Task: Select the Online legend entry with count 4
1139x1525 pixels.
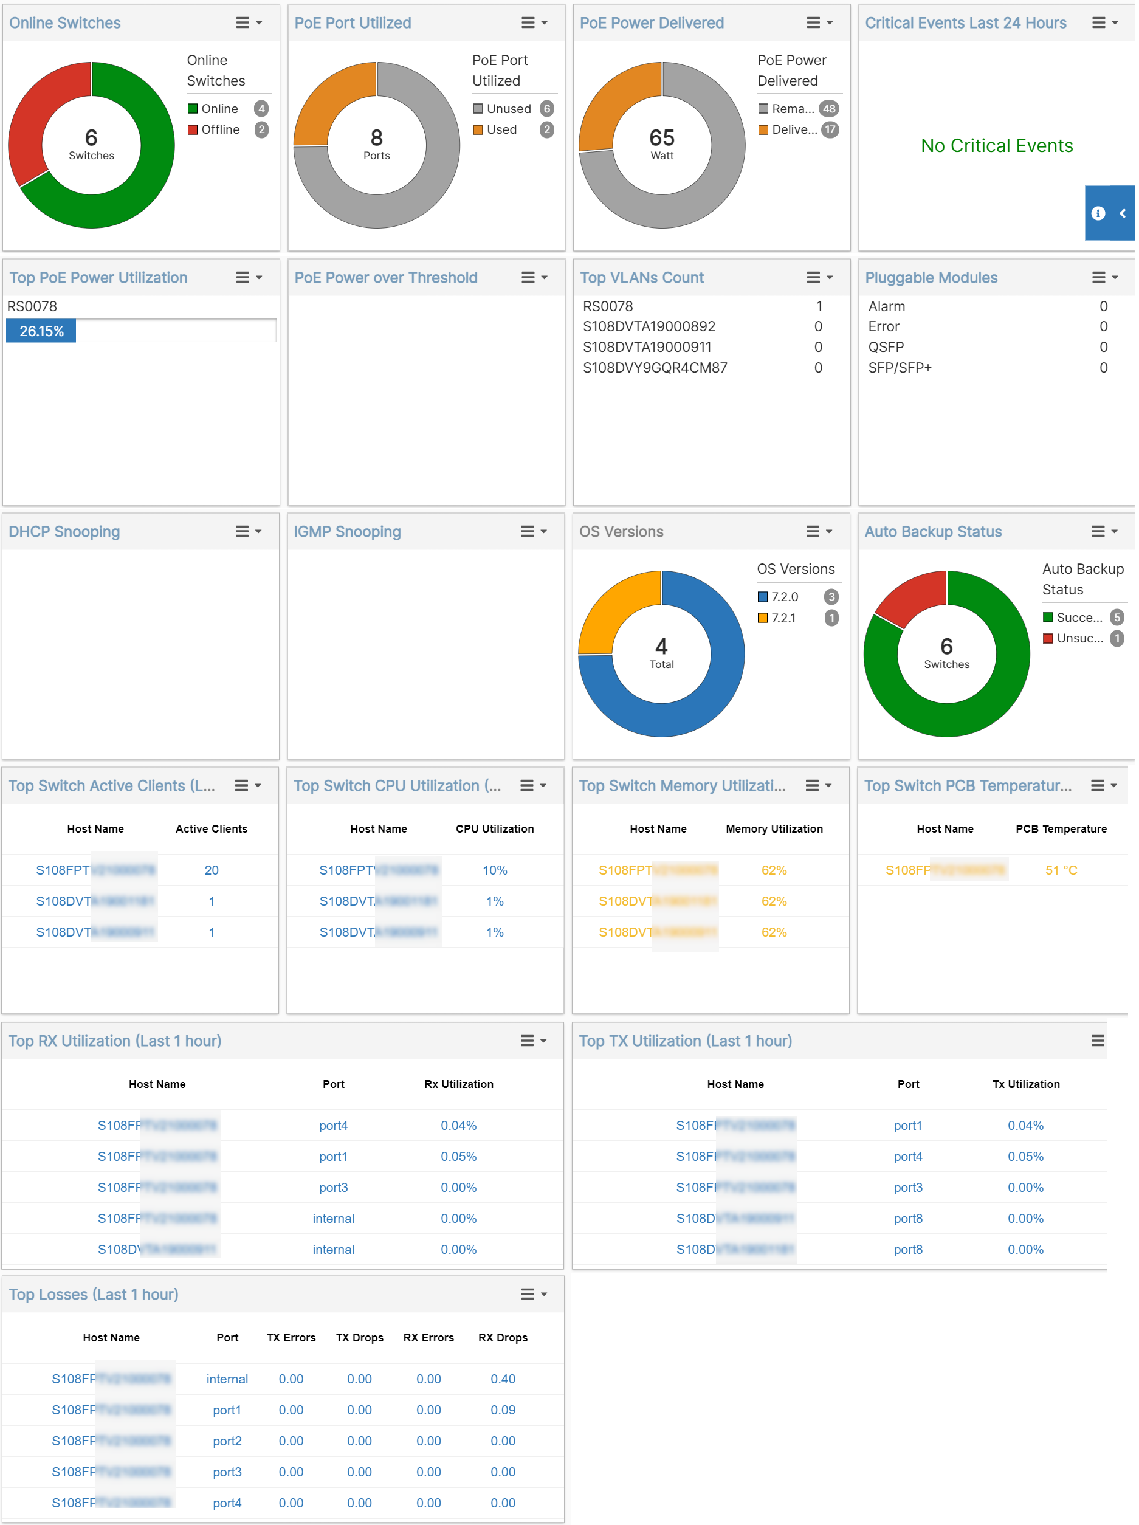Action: click(x=219, y=109)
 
